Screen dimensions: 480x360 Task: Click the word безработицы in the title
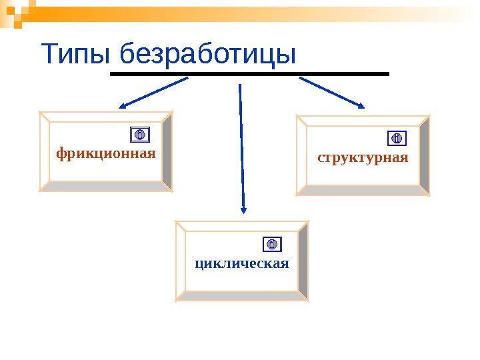205,55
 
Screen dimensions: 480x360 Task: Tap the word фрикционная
105,154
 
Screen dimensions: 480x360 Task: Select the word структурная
363,158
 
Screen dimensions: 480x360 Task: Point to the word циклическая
242,262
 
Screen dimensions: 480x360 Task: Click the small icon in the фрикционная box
140,135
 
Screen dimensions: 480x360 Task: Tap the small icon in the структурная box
396,138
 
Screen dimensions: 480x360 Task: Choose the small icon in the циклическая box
272,243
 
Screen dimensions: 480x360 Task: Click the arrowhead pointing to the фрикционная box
124,105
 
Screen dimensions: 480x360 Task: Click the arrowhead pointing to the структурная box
360,104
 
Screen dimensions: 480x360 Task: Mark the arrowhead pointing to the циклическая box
243,208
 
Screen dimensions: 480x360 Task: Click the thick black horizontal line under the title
249,73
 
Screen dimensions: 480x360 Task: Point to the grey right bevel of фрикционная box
167,151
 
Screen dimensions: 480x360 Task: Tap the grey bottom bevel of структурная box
363,190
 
